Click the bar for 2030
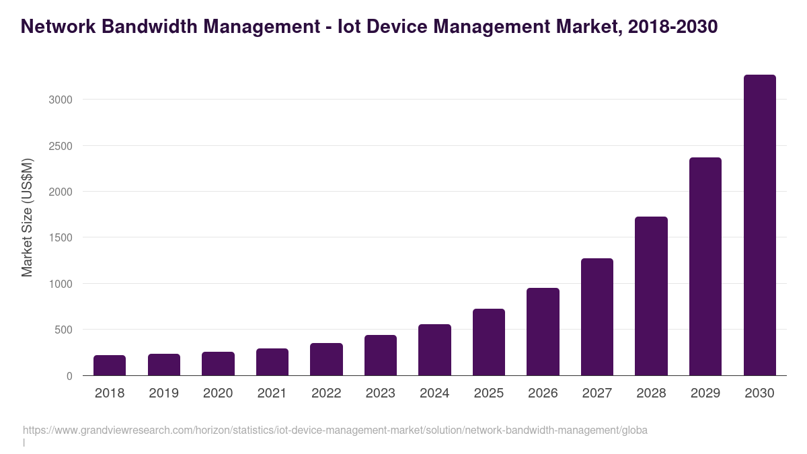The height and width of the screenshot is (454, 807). tap(759, 225)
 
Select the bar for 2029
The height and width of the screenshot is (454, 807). tap(705, 266)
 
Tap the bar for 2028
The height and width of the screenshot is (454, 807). tap(651, 296)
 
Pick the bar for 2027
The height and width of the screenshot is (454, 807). tap(597, 317)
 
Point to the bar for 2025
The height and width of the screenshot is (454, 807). tap(489, 342)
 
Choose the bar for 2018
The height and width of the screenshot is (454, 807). tap(110, 365)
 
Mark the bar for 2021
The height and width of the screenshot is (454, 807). tap(272, 362)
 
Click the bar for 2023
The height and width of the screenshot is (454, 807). tap(381, 355)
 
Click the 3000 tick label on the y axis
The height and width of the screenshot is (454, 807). tap(60, 100)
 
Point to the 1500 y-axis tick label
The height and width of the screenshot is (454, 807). tap(60, 237)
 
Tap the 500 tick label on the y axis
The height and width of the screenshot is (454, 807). tap(63, 330)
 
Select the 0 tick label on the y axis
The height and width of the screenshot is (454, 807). tap(69, 376)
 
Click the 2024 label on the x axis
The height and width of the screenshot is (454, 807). tap(434, 393)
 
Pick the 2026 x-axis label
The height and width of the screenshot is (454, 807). tap(543, 393)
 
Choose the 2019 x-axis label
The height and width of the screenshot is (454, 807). tap(164, 393)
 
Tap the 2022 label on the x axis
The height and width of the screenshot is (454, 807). tap(326, 393)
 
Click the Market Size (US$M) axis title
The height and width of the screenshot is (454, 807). tap(27, 218)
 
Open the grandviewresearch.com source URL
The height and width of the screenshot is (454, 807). tap(335, 430)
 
